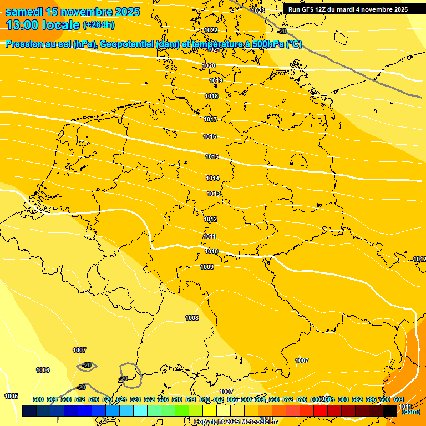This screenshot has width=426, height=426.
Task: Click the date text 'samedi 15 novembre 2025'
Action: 72,12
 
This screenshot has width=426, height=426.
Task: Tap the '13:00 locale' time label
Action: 43,24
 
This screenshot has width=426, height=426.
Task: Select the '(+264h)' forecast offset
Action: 99,24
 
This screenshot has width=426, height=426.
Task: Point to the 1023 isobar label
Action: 258,11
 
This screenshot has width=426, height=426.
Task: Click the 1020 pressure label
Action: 209,65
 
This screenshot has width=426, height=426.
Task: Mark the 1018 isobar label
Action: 211,96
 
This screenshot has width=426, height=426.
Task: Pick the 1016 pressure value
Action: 210,136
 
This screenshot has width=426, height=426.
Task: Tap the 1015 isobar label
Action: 212,156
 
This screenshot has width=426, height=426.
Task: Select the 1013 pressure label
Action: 214,194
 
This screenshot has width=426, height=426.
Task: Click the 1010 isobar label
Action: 211,251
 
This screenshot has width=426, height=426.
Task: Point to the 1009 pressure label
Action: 207,267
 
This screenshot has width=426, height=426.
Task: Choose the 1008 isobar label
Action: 192,318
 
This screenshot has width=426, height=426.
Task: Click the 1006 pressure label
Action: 43,370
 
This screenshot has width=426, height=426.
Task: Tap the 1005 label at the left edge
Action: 11,396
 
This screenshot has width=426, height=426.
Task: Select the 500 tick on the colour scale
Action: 38,399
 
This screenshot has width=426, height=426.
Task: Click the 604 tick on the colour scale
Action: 399,399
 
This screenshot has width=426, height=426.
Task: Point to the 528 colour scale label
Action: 135,399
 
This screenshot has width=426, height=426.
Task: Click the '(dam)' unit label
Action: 410,412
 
